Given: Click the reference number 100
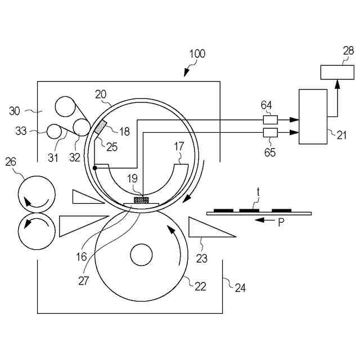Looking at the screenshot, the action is [x=197, y=54].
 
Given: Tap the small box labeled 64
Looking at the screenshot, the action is [x=270, y=120].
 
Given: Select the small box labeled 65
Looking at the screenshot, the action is [x=270, y=133].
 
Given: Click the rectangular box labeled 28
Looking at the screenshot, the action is [x=337, y=73].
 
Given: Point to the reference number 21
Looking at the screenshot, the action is [x=341, y=135].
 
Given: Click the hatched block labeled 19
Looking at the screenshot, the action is [x=141, y=200].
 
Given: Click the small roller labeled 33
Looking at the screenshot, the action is [x=54, y=132].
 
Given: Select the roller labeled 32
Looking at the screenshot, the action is [x=81, y=127].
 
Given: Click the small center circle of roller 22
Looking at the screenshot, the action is [x=141, y=255].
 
